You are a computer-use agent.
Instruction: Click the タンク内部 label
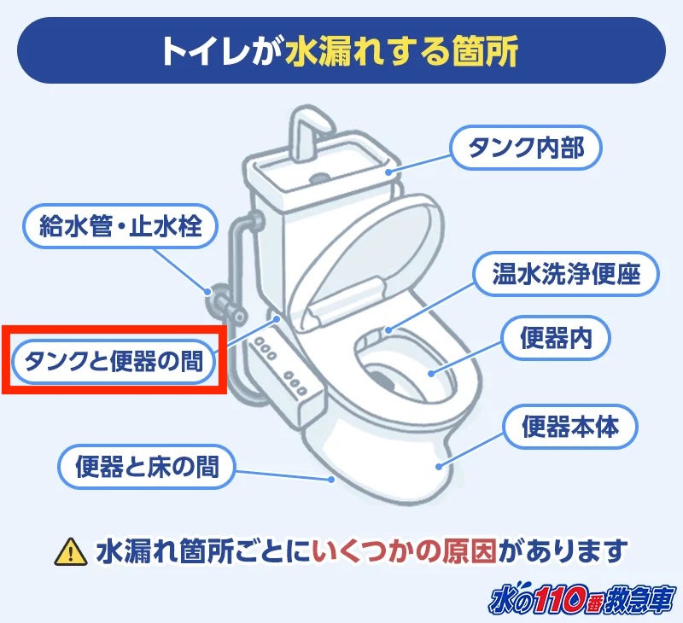coord(526,148)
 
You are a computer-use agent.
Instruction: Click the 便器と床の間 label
coord(147,467)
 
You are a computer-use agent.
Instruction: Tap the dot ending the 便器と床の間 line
coord(330,480)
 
